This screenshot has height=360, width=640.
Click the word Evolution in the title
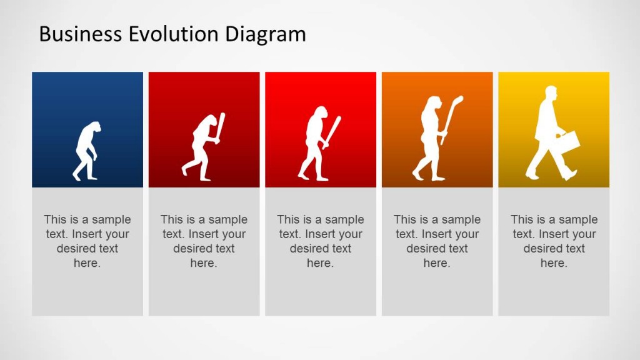point(163,34)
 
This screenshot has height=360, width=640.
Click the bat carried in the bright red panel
point(333,132)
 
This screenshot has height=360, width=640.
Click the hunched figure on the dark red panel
point(201,150)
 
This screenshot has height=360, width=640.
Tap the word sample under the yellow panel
point(577,219)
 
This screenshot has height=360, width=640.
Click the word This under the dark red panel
point(171,219)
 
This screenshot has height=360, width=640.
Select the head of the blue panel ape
point(93,127)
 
